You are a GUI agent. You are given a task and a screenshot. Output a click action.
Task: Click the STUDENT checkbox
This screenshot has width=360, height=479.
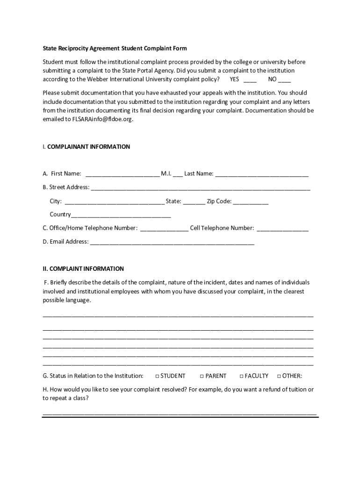[157, 376]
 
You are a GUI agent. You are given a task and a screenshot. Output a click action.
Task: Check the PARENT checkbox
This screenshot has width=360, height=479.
[202, 376]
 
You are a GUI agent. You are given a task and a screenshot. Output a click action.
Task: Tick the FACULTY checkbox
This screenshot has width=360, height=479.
[241, 376]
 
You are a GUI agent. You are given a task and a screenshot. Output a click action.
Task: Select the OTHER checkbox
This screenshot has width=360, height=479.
[279, 376]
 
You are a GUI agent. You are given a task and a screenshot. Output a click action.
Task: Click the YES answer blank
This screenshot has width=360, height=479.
[250, 80]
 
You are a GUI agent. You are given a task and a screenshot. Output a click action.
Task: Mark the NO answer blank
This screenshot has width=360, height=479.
[284, 80]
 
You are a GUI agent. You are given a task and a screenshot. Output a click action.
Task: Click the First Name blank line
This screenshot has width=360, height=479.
[122, 174]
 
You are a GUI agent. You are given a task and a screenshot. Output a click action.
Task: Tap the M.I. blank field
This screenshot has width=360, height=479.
[178, 174]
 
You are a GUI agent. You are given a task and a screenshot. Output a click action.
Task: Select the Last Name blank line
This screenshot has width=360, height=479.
[262, 174]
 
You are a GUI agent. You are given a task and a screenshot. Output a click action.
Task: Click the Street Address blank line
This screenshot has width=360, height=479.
[200, 188]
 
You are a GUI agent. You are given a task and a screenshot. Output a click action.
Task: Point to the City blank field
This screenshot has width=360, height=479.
[114, 202]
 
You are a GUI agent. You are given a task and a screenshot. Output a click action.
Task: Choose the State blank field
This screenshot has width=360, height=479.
[194, 202]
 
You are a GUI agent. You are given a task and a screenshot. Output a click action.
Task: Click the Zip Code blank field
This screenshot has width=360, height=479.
[251, 202]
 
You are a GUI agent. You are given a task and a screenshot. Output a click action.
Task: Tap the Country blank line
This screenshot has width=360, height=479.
[121, 216]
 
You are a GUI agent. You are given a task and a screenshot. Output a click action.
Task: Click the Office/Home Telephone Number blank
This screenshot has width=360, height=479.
[164, 229]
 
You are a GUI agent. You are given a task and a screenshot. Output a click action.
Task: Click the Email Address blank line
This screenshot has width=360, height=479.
[172, 242]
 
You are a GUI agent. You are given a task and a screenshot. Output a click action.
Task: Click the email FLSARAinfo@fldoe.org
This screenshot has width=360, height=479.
[102, 119]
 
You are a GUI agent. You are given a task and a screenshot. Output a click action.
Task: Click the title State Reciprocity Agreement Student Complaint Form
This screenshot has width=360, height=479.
[115, 48]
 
